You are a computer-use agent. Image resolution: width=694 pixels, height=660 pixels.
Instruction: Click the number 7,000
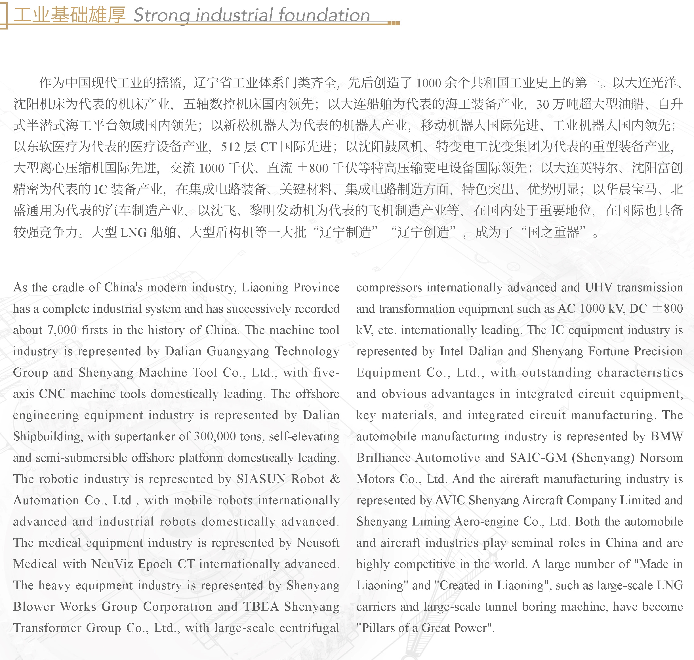(62, 330)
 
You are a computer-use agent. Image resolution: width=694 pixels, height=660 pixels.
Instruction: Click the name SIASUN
(261, 479)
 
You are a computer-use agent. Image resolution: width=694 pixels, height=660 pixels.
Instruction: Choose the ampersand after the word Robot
(335, 479)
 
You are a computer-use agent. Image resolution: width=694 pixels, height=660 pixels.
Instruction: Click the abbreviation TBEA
(261, 607)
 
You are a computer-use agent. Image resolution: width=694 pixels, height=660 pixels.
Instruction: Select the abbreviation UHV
(598, 288)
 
